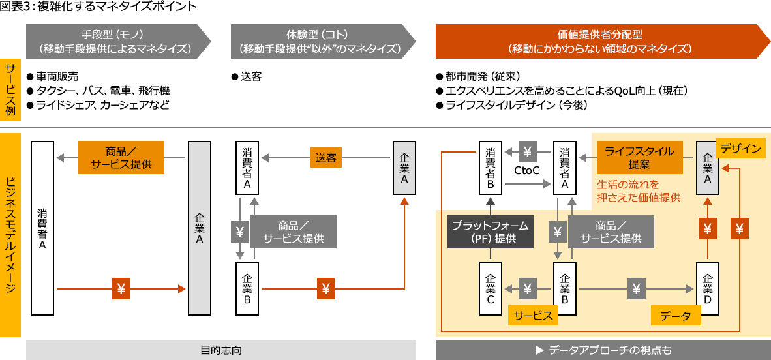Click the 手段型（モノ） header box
click(118, 42)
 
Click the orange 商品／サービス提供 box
click(121, 158)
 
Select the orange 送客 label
click(325, 158)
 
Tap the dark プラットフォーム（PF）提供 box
click(489, 232)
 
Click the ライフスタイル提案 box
click(639, 158)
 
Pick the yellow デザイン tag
click(740, 149)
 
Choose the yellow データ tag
click(676, 316)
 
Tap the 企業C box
click(491, 288)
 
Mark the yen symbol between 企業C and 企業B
click(528, 288)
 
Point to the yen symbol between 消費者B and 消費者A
click(528, 152)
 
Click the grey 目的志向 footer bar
click(220, 350)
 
